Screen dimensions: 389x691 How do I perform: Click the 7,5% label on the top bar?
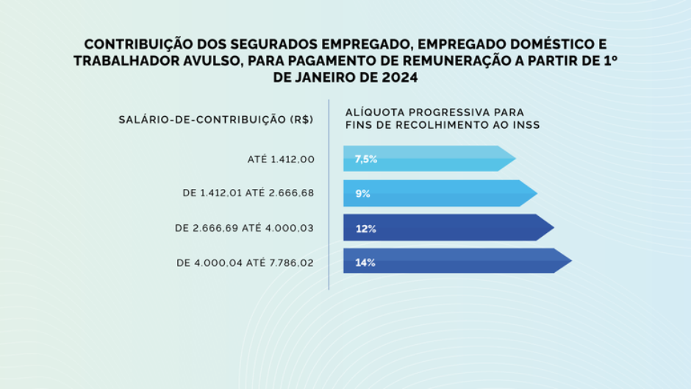pyautogui.click(x=365, y=159)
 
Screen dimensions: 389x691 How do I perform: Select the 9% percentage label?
pyautogui.click(x=362, y=194)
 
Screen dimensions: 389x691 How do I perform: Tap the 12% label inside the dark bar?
pyautogui.click(x=365, y=229)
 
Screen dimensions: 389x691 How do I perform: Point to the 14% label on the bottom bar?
pyautogui.click(x=365, y=263)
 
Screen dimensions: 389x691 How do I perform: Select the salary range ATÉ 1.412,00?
pyautogui.click(x=281, y=160)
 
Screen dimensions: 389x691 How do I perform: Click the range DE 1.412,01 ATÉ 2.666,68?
pyautogui.click(x=248, y=193)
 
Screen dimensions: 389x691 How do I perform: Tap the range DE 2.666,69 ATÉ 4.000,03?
pyautogui.click(x=245, y=229)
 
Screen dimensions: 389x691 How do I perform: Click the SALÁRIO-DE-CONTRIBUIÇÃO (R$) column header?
pyautogui.click(x=212, y=119)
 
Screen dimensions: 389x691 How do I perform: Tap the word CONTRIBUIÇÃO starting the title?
pyautogui.click(x=131, y=44)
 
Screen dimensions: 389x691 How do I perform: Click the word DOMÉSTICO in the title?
pyautogui.click(x=554, y=44)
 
